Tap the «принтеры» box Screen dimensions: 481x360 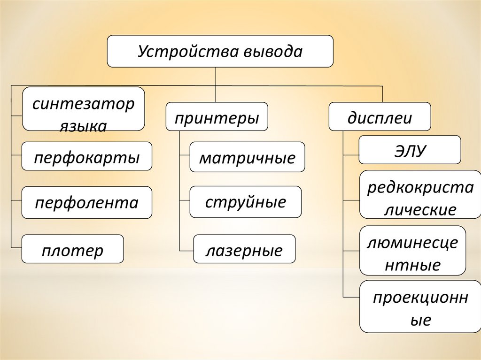(x=217, y=117)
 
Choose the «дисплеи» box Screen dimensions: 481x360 (x=380, y=117)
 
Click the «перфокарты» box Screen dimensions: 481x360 (x=87, y=156)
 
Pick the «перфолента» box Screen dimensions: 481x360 (x=87, y=203)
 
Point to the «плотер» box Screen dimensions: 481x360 (x=72, y=249)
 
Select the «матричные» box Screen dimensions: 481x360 (x=247, y=157)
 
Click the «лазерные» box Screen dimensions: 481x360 (x=244, y=250)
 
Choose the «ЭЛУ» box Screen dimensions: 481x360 (x=410, y=150)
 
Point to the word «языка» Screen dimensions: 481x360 (x=83, y=125)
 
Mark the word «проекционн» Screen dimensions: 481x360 (x=420, y=298)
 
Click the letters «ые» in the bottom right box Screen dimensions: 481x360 (x=420, y=321)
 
